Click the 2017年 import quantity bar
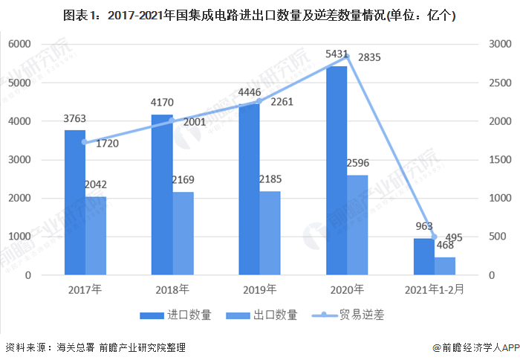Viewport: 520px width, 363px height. [74, 202]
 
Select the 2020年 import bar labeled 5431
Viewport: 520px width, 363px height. [336, 171]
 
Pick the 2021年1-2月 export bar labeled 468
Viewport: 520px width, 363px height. [445, 266]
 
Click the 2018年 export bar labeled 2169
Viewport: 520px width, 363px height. [183, 234]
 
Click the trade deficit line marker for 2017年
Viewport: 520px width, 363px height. [85, 142]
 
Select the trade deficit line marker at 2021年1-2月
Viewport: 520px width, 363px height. [435, 237]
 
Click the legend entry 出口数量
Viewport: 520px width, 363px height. [266, 315]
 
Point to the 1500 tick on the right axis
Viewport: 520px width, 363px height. [498, 159]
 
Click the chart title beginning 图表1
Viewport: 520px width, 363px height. [259, 15]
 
